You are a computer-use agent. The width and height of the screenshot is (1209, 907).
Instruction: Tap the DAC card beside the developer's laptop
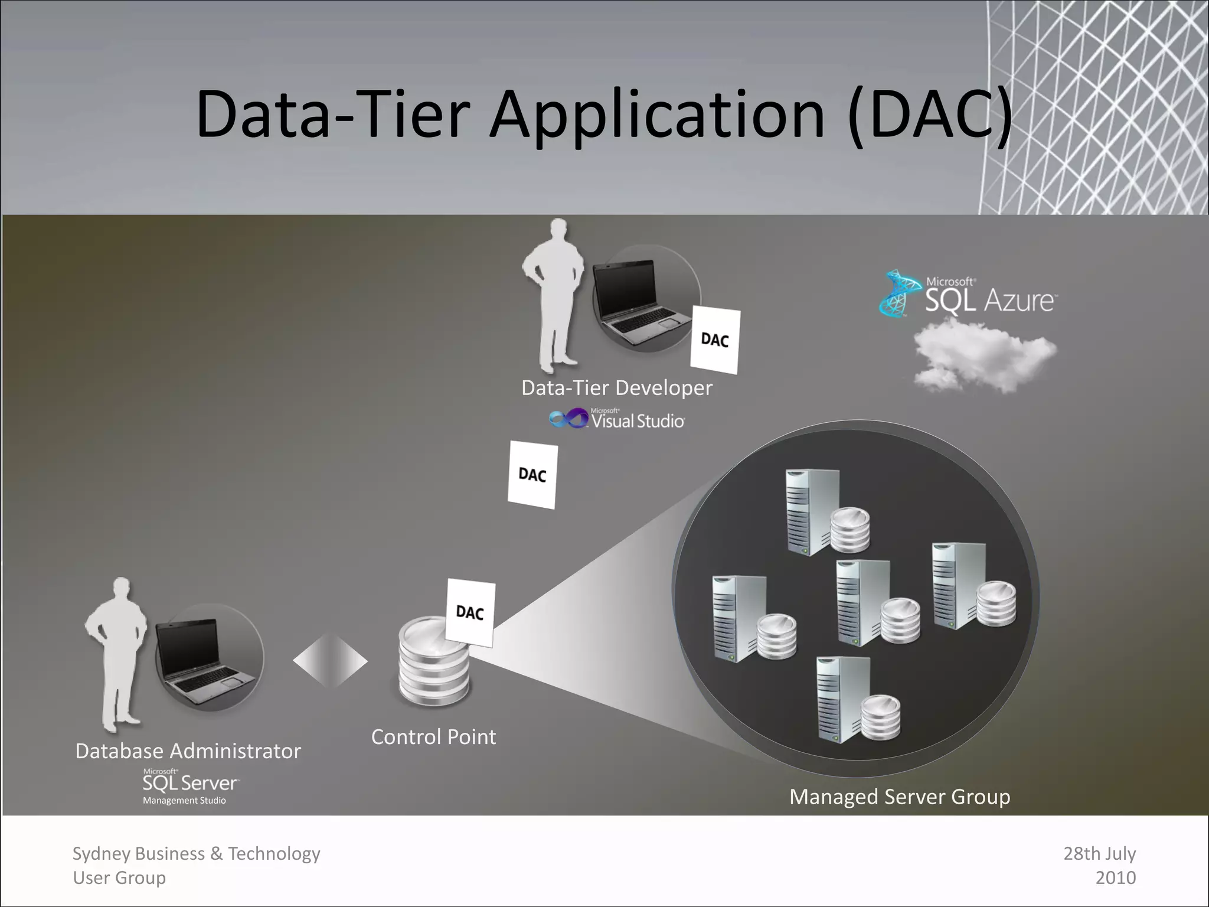click(x=715, y=340)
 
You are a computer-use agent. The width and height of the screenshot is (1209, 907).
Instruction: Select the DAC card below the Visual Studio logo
click(x=532, y=475)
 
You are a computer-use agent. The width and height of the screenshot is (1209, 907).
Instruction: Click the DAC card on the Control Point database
click(x=470, y=612)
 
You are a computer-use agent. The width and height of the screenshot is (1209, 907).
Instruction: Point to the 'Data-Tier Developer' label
click(x=617, y=388)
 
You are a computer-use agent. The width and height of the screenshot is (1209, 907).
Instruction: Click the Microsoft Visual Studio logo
click(x=617, y=419)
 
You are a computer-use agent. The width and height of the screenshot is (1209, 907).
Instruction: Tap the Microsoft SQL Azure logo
click(x=968, y=294)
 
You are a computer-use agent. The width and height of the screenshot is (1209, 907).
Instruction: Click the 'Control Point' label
click(x=433, y=737)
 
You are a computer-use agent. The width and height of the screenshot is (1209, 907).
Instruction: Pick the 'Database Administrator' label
click(x=188, y=751)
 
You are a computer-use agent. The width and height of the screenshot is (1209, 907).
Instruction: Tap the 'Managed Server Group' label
click(x=900, y=797)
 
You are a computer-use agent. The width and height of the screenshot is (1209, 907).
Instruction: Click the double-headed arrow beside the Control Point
click(x=330, y=661)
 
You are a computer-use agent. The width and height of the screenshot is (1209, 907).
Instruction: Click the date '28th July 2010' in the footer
click(x=1100, y=866)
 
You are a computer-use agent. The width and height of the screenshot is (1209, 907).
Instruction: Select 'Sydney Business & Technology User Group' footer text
click(x=196, y=866)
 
